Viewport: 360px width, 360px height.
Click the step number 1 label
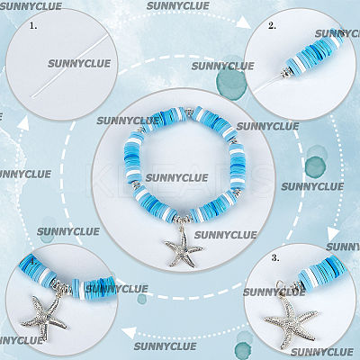pos(33,26)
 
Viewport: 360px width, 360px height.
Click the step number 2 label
pos(272,26)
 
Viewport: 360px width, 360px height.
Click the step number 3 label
pos(275,258)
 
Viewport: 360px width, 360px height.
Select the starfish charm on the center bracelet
pos(184,247)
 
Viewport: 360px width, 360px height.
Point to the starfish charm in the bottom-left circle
pos(44,317)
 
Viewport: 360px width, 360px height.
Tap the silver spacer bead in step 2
pos(286,73)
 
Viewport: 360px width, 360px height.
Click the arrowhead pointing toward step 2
pos(245,22)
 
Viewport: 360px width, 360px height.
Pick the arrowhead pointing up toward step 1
pos(23,123)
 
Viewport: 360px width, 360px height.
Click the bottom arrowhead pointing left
pos(130,332)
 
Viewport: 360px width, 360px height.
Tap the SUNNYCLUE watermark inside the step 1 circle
pos(79,64)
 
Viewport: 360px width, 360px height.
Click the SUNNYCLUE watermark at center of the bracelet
pos(176,177)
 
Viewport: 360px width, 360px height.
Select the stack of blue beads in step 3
pos(323,274)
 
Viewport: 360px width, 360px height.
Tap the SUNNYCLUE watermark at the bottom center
pos(166,346)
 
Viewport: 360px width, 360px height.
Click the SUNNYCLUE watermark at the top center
pos(178,5)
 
